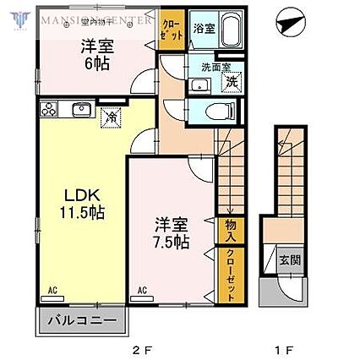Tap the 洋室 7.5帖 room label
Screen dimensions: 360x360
171,233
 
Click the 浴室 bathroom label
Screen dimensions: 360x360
203,27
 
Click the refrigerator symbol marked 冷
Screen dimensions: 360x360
110,117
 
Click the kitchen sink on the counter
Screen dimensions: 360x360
82,108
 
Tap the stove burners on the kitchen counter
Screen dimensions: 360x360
48,108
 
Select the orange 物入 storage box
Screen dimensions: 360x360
228,229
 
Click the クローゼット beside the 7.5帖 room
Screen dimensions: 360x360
228,274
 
